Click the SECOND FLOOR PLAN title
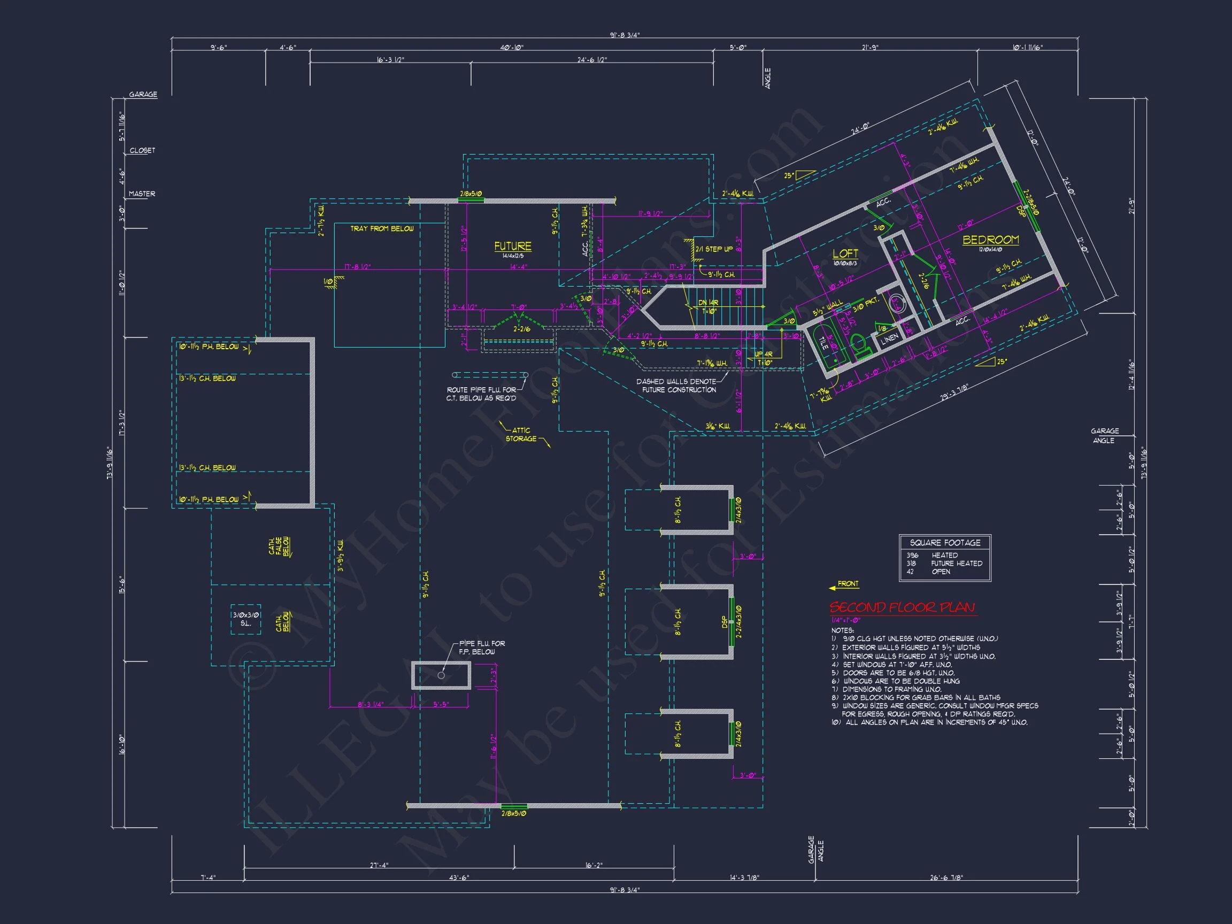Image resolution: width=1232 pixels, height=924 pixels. tap(902, 607)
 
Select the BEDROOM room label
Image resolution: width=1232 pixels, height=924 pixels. tap(991, 240)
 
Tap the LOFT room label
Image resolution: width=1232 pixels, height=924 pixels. tap(845, 254)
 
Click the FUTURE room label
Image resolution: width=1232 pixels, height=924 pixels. tap(512, 246)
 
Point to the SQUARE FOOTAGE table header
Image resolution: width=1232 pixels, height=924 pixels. tap(945, 543)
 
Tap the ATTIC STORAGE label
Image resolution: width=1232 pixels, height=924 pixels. tap(521, 434)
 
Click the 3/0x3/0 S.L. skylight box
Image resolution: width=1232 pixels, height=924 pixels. tap(245, 619)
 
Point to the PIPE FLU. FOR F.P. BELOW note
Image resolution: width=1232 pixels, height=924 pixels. tap(481, 647)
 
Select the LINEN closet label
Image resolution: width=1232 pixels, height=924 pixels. tap(889, 339)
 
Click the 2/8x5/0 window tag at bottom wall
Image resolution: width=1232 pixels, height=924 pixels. tap(513, 813)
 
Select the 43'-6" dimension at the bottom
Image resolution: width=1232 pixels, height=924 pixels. tap(459, 878)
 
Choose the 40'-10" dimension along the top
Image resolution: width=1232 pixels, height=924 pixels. tap(511, 48)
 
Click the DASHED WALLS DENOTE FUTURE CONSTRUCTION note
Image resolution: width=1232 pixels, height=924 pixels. tap(677, 386)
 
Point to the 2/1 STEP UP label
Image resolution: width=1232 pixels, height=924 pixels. tap(713, 249)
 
